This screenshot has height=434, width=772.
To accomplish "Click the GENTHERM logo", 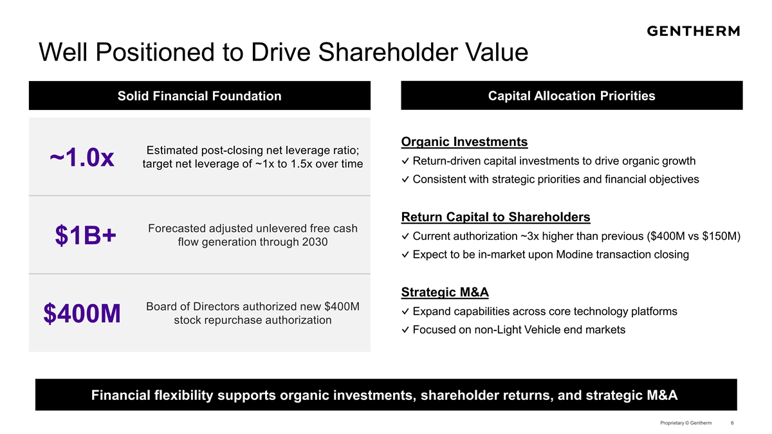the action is tap(693, 31).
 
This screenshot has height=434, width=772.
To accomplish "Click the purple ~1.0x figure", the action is tap(82, 158).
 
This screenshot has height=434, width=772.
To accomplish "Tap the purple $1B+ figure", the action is tap(86, 235).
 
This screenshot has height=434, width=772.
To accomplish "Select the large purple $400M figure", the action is tap(82, 314).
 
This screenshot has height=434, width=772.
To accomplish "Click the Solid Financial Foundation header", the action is tap(199, 96).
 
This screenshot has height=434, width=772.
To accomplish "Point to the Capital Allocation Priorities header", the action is tap(571, 96).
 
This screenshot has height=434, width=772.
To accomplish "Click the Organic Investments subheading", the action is tap(464, 141).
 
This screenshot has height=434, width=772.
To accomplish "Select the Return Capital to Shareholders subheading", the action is tap(495, 217).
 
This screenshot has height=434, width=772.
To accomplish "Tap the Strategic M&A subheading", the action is tap(445, 292).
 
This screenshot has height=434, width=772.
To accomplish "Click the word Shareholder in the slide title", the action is tap(388, 52).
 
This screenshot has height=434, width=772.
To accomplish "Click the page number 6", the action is tap(732, 422).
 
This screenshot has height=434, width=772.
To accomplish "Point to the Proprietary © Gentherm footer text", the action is tap(686, 422).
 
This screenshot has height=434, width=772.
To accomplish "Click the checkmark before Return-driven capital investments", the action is tap(405, 161).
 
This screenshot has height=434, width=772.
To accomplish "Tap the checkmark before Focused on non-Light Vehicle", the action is tap(405, 330).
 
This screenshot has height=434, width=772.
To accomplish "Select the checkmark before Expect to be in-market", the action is tap(405, 255).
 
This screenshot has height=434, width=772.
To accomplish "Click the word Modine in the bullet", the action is tap(573, 254).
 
